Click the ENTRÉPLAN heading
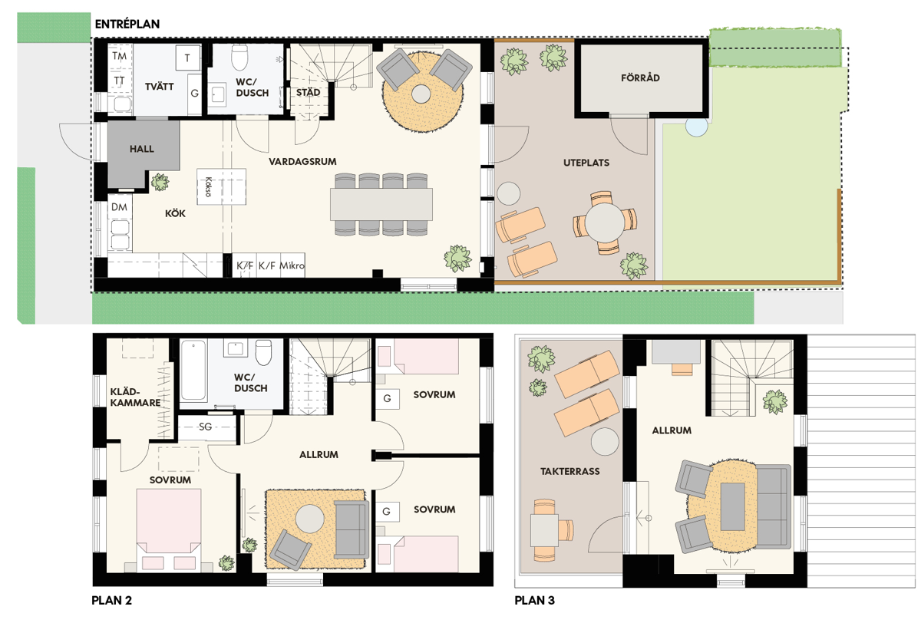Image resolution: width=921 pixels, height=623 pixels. tap(127, 24)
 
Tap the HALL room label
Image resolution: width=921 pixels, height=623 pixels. tap(142, 149)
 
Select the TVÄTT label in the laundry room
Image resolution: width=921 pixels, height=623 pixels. tap(159, 87)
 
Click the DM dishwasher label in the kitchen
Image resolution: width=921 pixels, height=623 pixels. tap(119, 207)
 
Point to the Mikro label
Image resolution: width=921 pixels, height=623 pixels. tap(292, 265)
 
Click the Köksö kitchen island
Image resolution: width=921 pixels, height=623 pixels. tap(221, 186)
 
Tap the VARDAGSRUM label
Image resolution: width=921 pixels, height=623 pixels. tap(302, 161)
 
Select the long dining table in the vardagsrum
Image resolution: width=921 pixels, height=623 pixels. tap(381, 204)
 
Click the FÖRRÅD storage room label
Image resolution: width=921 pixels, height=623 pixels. tap(640, 77)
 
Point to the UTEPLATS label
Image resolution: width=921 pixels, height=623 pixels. tap(586, 163)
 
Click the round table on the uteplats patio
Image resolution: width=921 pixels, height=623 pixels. tap(605, 222)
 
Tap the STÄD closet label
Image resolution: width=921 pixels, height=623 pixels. tap(308, 93)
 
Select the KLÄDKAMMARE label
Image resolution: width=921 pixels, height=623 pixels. tap(135, 397)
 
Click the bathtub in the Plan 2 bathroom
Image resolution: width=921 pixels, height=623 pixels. tap(193, 371)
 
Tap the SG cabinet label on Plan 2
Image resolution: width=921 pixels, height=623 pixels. tap(205, 427)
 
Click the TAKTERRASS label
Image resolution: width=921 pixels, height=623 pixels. tap(569, 471)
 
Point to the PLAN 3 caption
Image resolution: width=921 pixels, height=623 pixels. tap(534, 601)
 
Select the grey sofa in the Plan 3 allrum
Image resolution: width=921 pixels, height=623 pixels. tap(773, 506)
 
